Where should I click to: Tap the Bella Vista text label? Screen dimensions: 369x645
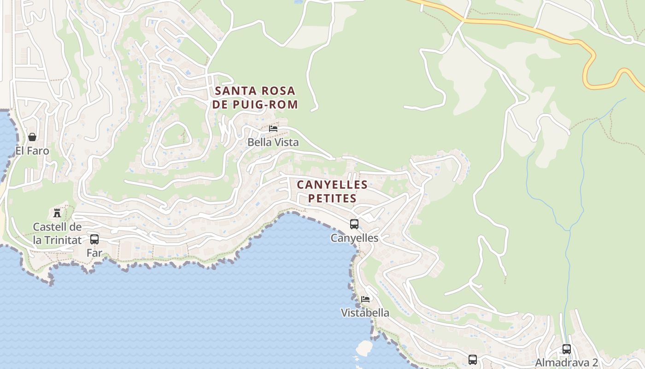coord(273,143)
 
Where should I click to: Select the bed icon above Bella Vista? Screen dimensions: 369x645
coord(273,129)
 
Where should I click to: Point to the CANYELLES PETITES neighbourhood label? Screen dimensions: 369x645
coord(332,191)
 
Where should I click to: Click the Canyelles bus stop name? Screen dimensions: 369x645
coord(354,238)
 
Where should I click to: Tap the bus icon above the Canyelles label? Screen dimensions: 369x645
coord(354,224)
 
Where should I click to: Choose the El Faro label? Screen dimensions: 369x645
coord(32,151)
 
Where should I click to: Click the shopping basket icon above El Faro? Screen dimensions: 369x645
coord(32,137)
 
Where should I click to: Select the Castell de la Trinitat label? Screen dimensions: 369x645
coord(58,233)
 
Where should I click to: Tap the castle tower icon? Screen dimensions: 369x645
coord(57,213)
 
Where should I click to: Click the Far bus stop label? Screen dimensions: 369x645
coord(94,253)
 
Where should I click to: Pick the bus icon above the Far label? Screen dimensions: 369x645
coord(94,239)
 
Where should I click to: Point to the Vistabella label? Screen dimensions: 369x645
coord(365,313)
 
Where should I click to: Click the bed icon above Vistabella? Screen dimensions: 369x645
coord(365,299)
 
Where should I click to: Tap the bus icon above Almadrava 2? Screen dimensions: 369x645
coord(567,349)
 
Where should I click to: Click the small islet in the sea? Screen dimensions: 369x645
coord(364,348)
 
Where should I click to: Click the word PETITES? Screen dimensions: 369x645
coord(332,198)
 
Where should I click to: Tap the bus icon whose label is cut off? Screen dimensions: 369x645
coord(473,360)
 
